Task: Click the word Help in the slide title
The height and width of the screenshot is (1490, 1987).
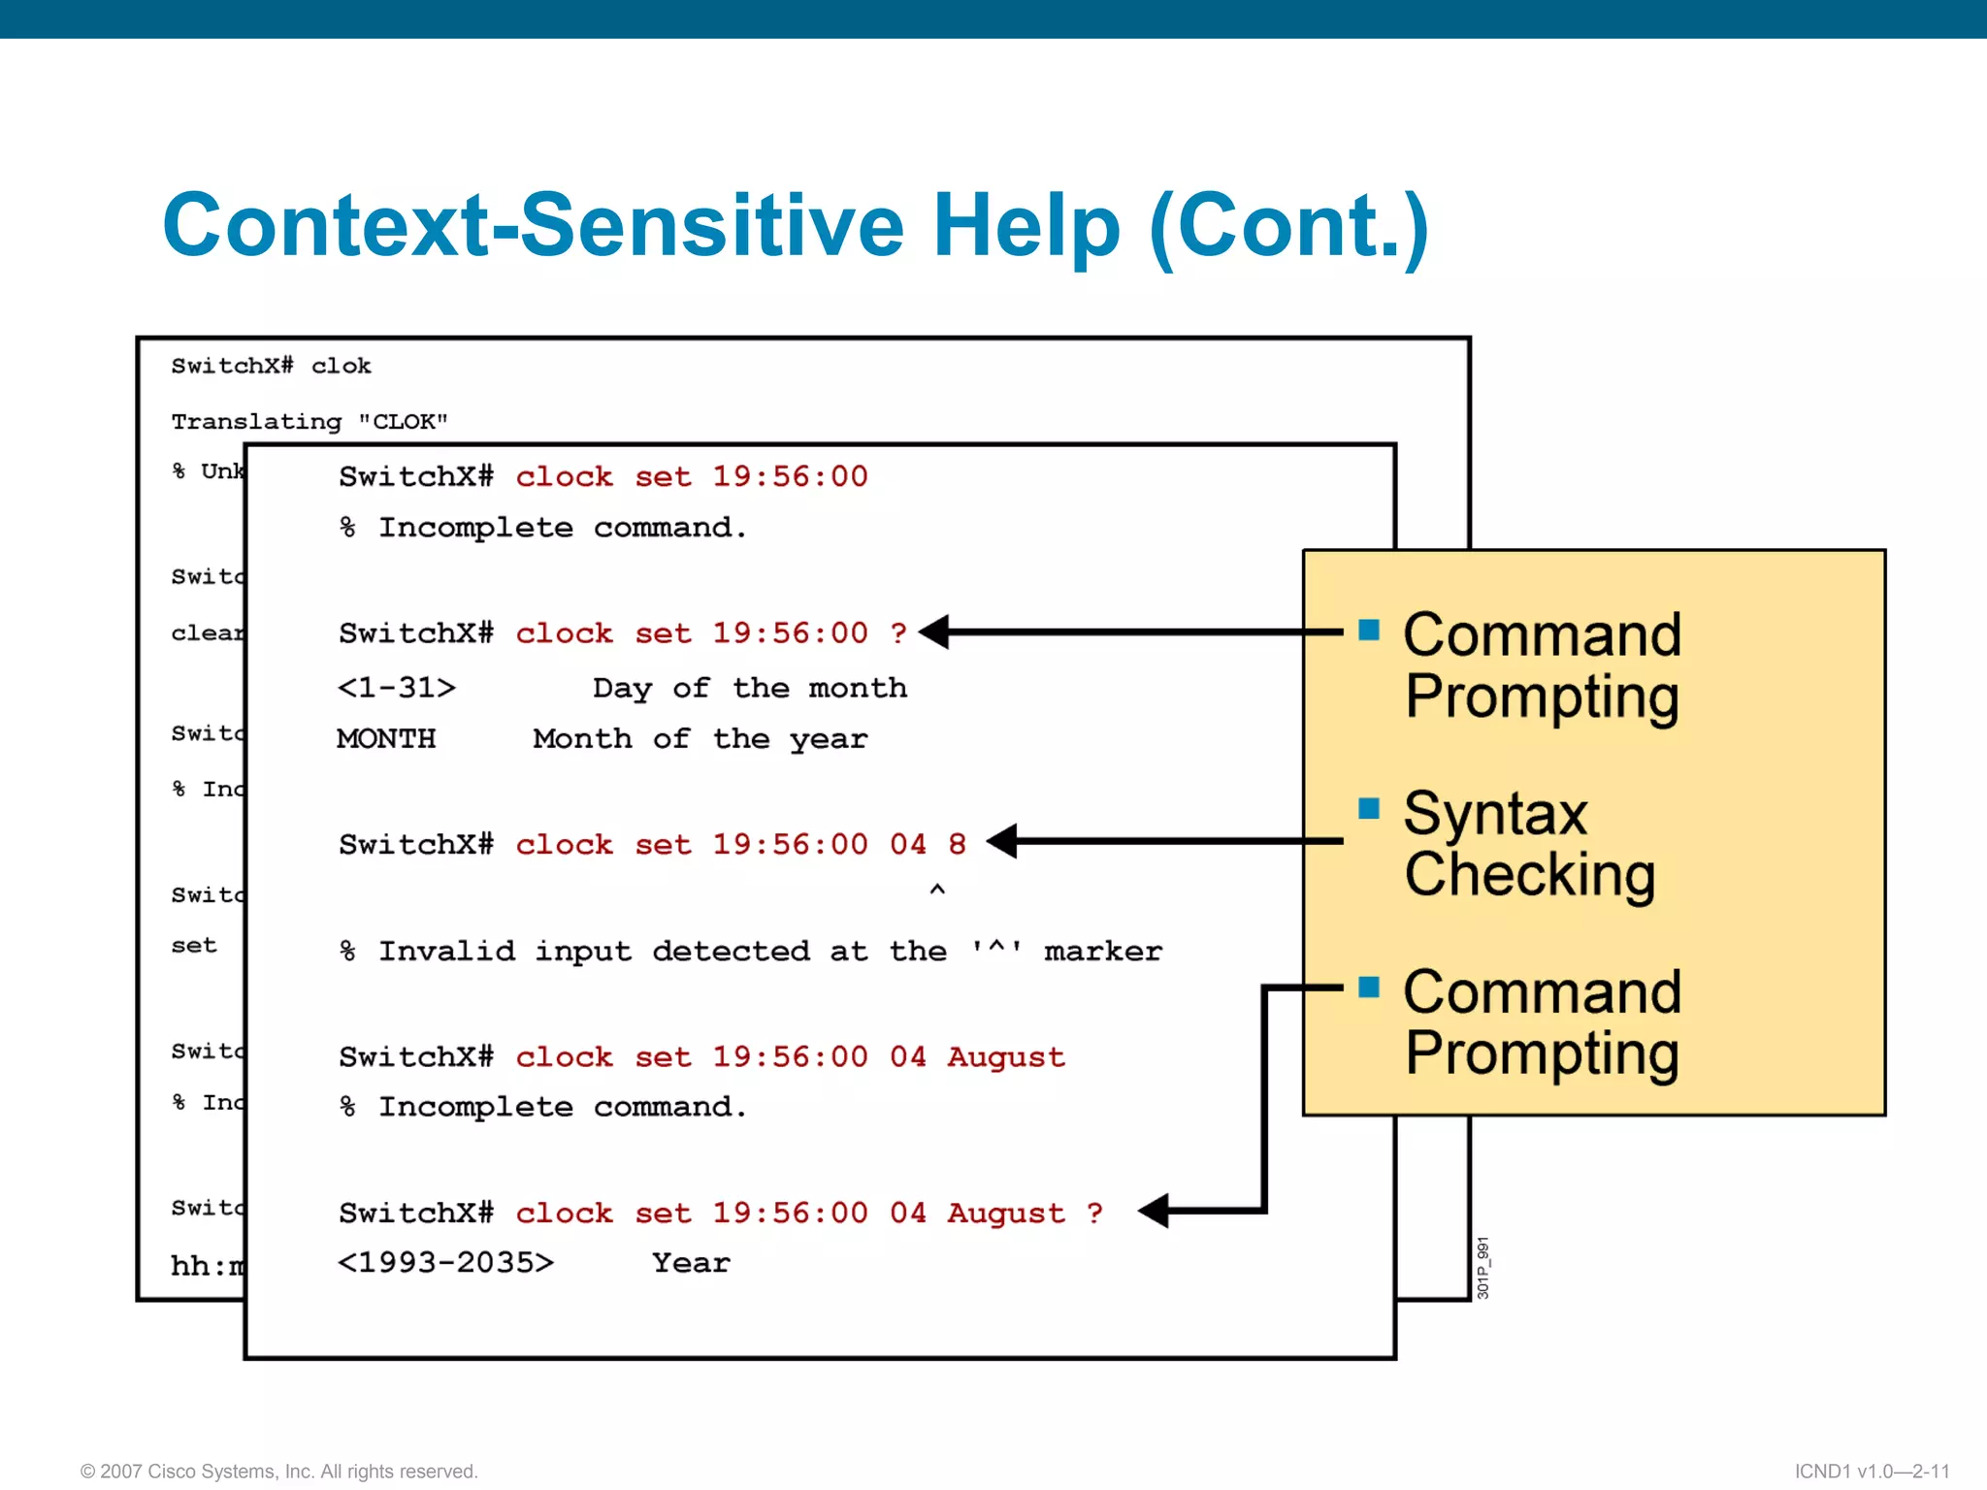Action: tap(1026, 226)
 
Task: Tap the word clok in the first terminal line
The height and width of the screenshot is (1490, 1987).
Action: tap(341, 366)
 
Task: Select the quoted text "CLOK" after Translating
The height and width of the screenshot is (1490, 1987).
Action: tap(403, 422)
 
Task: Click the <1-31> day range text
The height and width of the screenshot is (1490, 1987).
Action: tap(396, 688)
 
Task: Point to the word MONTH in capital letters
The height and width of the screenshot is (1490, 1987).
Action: tap(386, 739)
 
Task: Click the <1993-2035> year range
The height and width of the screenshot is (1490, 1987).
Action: tap(445, 1263)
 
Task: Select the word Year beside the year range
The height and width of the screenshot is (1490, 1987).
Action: tap(691, 1263)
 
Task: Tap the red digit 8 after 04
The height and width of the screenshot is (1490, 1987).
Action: tap(957, 844)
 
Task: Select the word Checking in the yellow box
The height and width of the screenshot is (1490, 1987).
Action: tap(1529, 875)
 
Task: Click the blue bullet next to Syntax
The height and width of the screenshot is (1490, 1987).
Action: tap(1369, 808)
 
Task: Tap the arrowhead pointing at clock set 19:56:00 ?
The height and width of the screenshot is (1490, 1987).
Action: tap(935, 632)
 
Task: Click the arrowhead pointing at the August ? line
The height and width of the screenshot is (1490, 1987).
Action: tap(1154, 1211)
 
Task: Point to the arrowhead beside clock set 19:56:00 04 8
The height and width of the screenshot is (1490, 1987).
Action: tap(1002, 841)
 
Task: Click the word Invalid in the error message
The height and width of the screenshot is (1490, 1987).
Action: tap(446, 952)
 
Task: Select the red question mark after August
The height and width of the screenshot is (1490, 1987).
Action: tap(1094, 1213)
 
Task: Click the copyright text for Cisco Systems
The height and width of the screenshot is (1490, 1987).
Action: tap(278, 1472)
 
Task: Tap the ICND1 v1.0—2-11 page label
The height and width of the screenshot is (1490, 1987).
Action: tap(1872, 1472)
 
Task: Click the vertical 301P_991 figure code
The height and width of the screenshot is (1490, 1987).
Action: tap(1482, 1268)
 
